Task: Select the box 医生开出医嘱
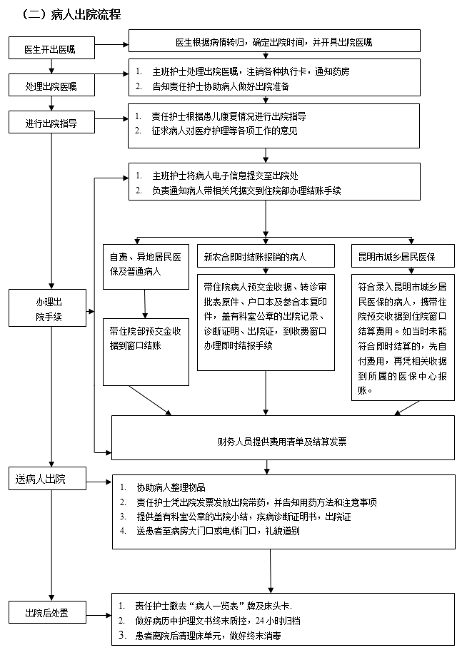(51, 49)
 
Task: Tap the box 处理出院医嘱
(51, 86)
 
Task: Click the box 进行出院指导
(51, 123)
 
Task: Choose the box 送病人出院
(49, 479)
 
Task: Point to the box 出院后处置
(49, 613)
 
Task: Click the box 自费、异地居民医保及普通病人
(146, 264)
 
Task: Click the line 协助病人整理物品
(171, 488)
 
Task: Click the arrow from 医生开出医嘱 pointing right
(111, 45)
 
